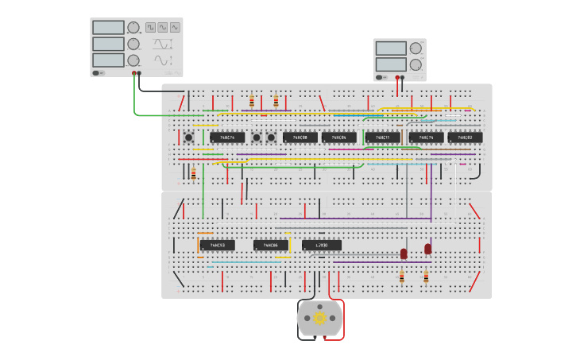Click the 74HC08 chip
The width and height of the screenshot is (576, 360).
[x=300, y=137]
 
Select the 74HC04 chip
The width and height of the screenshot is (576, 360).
[x=339, y=137]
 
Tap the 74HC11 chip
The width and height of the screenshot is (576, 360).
[x=382, y=137]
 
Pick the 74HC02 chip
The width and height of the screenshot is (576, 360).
[x=465, y=137]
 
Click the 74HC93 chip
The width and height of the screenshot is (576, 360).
[x=217, y=245]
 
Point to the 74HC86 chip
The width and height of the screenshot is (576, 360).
[x=271, y=245]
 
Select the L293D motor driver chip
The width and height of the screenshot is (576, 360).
[x=322, y=245]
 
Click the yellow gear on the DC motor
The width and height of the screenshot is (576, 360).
[x=319, y=318]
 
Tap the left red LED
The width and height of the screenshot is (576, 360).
[x=404, y=254]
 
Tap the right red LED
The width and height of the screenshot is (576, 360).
[x=428, y=249]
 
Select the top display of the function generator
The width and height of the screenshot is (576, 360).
[x=108, y=28]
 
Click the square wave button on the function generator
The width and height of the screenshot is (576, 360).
[x=149, y=27]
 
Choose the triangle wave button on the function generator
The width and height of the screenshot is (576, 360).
[x=162, y=27]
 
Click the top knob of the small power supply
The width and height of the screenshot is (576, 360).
[x=416, y=48]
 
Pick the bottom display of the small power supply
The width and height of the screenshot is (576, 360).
[x=391, y=63]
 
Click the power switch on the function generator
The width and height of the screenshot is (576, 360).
[x=97, y=72]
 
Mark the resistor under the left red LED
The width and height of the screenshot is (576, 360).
[x=401, y=277]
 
